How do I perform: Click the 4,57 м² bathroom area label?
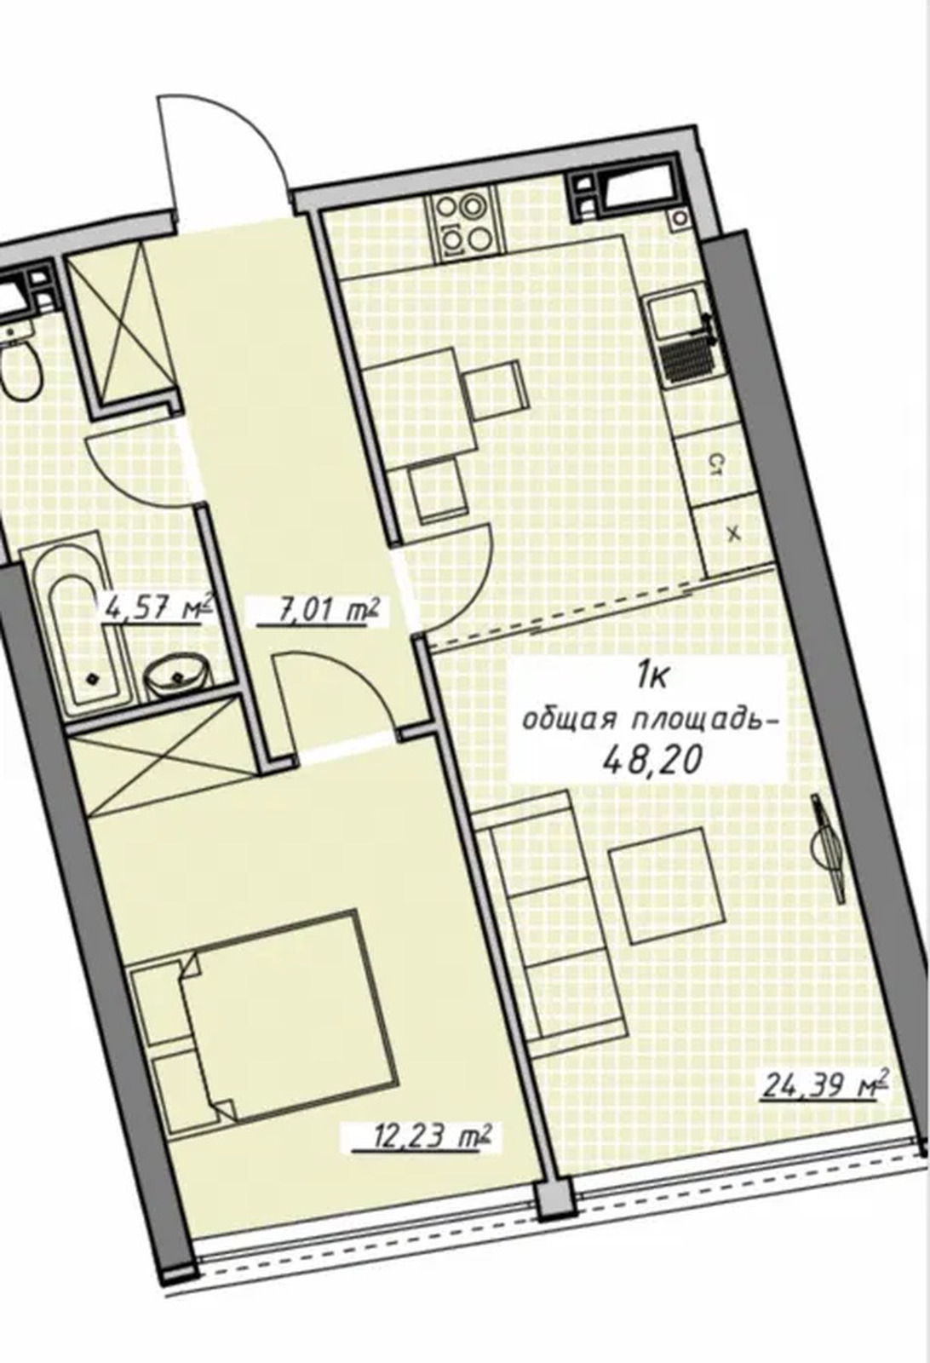click(x=158, y=606)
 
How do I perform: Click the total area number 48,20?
click(x=650, y=761)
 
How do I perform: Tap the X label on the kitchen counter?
click(x=734, y=536)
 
